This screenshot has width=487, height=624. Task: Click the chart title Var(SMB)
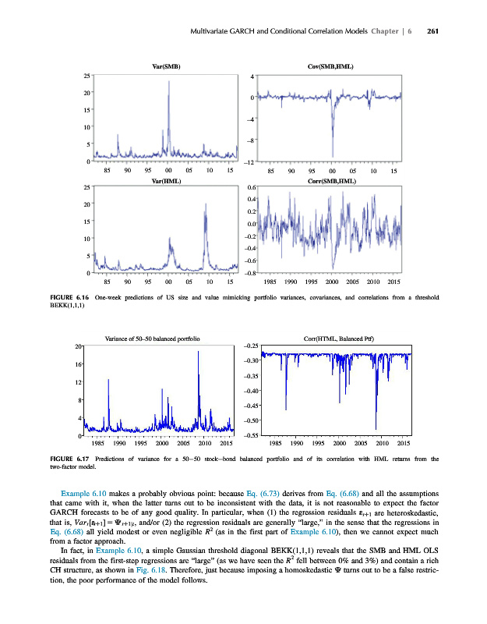[x=167, y=67]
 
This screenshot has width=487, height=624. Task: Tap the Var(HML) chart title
[x=167, y=180]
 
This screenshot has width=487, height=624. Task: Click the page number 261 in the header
[x=434, y=31]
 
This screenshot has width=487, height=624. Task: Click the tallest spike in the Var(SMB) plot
[x=169, y=82]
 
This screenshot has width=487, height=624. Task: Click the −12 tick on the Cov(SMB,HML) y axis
[x=249, y=162]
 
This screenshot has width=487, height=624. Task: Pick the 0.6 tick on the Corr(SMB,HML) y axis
[x=252, y=188]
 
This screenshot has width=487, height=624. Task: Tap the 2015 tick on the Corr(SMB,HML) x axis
[x=394, y=282]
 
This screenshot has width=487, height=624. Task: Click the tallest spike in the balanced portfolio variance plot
[x=199, y=353]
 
